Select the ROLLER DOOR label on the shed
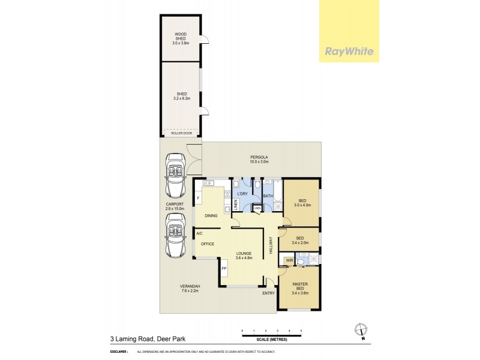pyautogui.click(x=181, y=134)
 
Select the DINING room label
pyautogui.click(x=211, y=215)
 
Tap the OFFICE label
pyautogui.click(x=208, y=244)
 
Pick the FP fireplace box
pyautogui.click(x=224, y=269)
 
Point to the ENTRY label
pyautogui.click(x=268, y=293)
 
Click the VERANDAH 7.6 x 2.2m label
pyautogui.click(x=190, y=289)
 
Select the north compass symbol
pyautogui.click(x=360, y=329)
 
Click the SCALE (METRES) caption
pyautogui.click(x=272, y=339)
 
